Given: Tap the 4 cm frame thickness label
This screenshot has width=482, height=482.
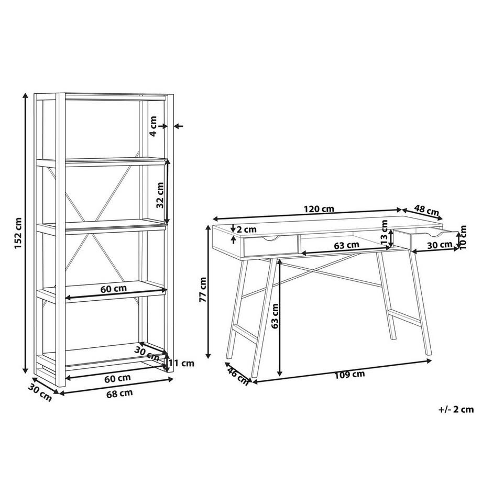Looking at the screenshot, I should coord(153,126).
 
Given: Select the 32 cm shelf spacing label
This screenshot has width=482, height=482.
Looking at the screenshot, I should coord(160,195).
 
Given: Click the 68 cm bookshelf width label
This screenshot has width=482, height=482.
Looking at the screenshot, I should coord(119,393).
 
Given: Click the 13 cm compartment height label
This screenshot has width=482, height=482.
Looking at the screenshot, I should coord(384,237).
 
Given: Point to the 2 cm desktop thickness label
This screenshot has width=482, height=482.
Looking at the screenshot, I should coord(246,229).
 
